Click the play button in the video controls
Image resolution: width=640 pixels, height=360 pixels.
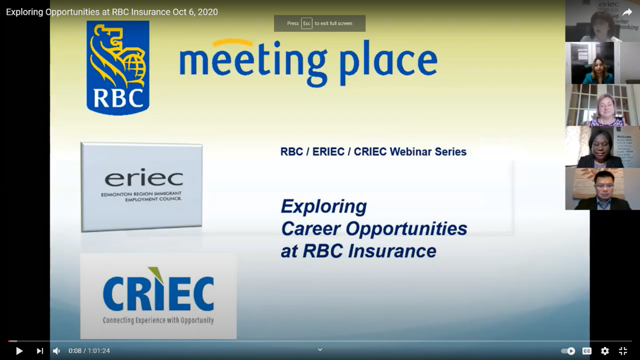point(19,351)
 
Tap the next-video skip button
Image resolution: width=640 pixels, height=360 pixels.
point(40,351)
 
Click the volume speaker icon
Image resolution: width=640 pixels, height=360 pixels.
point(57,351)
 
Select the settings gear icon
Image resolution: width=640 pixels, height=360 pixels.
point(605,351)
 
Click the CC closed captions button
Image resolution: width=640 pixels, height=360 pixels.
point(587,351)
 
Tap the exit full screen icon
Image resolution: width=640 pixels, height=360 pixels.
point(623,351)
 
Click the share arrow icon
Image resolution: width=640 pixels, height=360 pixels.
point(627,12)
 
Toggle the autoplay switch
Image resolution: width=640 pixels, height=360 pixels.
point(568,351)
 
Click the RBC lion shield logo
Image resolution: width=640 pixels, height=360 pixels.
point(118,68)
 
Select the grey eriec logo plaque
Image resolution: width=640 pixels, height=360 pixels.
point(141,187)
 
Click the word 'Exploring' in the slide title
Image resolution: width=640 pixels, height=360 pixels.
point(323,206)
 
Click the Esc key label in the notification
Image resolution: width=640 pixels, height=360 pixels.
point(307,23)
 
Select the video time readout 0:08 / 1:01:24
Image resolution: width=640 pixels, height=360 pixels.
point(89,351)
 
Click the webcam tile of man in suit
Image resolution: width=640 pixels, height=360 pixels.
point(602,189)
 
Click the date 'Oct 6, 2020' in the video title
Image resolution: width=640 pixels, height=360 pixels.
point(195,12)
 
